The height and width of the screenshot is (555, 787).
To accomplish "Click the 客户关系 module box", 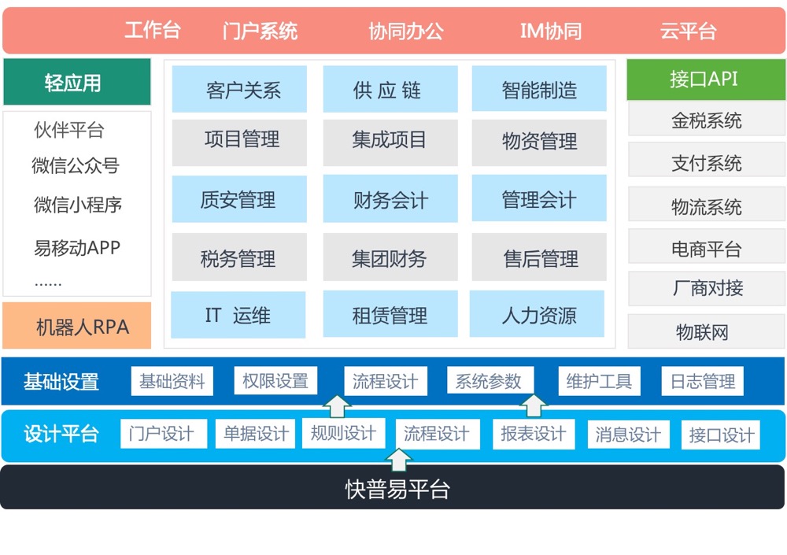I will (239, 89).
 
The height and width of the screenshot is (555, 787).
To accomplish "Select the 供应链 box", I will (390, 89).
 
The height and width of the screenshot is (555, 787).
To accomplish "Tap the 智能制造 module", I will (539, 89).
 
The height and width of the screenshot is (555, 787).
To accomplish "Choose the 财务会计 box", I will (390, 200).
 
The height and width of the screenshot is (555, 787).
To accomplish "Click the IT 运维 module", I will (238, 315).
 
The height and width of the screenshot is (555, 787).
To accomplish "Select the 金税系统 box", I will (706, 120).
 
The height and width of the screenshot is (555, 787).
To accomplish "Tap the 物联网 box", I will (703, 331).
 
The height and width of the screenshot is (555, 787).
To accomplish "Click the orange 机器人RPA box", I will (77, 326).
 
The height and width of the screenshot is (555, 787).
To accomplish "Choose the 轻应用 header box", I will (76, 82).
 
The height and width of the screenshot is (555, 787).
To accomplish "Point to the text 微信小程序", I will (77, 205).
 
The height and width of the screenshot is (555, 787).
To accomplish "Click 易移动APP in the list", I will (77, 248).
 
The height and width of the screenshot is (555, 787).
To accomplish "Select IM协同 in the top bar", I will (551, 31).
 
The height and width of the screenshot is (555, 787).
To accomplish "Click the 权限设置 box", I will (275, 382).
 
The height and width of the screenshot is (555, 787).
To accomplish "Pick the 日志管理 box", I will (703, 382).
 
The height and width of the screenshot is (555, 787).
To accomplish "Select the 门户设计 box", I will (163, 434).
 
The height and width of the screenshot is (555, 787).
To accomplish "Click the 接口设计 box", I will (721, 435).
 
